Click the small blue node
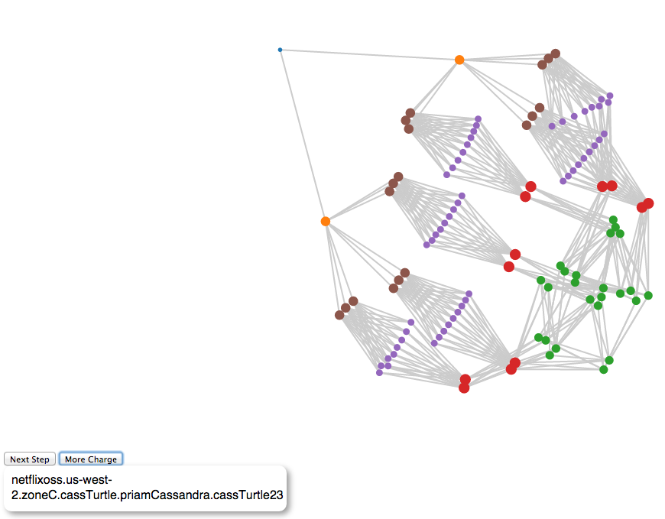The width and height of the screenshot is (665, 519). point(280,50)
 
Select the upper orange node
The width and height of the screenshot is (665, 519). point(459,60)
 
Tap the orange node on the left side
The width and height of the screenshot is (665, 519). point(325,221)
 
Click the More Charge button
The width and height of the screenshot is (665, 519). point(91,459)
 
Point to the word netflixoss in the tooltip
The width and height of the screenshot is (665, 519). point(44,480)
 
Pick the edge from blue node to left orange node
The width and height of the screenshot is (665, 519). point(302,135)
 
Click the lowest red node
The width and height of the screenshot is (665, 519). point(464,388)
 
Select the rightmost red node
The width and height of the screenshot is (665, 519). point(648,203)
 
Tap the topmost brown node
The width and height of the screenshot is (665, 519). point(556,54)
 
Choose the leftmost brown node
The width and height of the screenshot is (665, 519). point(339,315)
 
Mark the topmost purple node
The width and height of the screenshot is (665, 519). point(610,96)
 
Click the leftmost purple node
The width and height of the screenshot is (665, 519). point(379,373)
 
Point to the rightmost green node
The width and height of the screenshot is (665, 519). point(648,295)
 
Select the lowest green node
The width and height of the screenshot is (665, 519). point(603,370)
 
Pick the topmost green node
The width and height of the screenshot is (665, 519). point(613,219)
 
